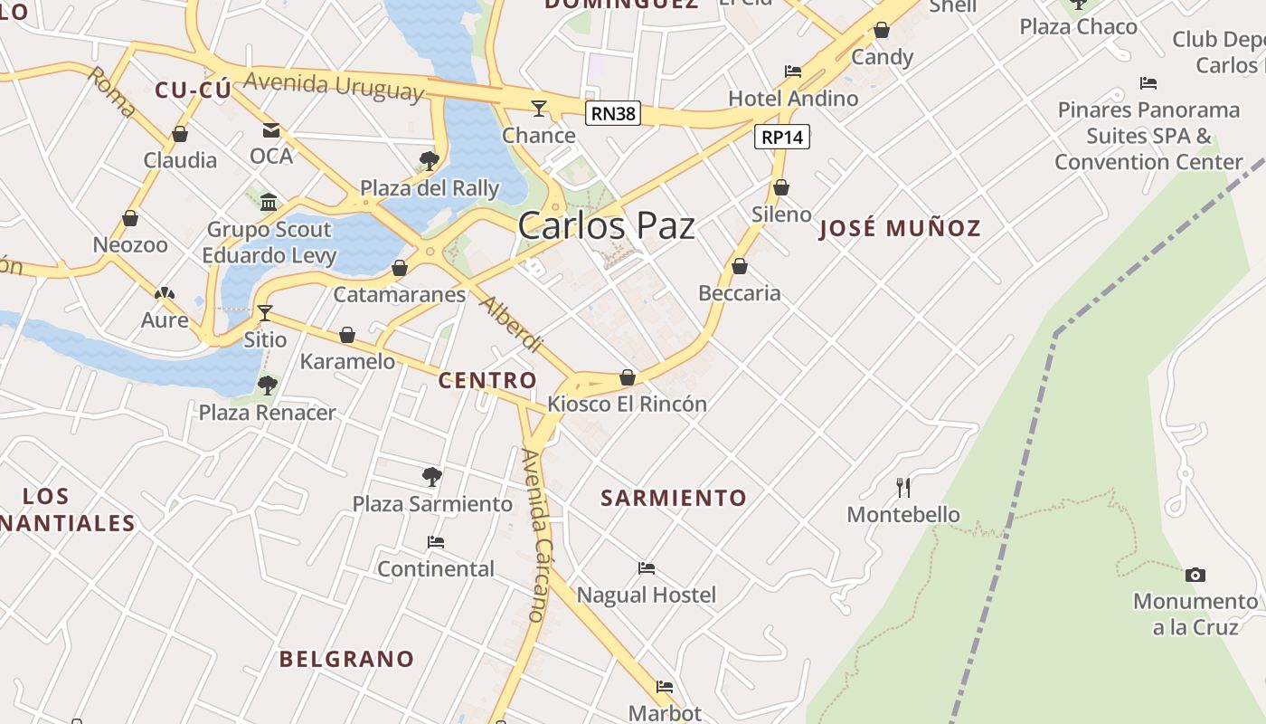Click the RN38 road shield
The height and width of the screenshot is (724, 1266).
[x=613, y=113]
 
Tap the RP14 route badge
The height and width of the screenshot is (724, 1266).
[x=782, y=137]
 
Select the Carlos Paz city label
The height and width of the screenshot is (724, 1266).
[x=607, y=226]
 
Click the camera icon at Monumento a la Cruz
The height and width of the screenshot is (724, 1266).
[x=1195, y=575]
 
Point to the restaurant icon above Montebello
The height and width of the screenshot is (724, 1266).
[x=902, y=488]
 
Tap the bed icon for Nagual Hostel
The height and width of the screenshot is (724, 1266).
[x=646, y=568]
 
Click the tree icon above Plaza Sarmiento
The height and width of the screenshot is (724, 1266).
[x=432, y=476]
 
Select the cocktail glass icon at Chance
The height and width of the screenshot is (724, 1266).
[x=539, y=109]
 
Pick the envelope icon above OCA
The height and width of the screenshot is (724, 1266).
[x=270, y=130]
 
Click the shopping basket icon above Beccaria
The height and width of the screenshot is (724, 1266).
[x=739, y=266]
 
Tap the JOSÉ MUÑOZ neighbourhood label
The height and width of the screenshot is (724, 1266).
[x=900, y=228]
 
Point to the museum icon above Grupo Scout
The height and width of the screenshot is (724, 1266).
[x=269, y=202]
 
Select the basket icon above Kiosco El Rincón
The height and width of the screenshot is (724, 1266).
[x=628, y=377]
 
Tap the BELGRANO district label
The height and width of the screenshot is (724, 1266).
[x=346, y=659]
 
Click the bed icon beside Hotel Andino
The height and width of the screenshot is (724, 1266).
[x=793, y=71]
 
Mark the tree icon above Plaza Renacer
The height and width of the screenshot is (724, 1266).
[x=267, y=386]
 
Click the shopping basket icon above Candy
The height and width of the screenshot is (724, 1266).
[x=882, y=31]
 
